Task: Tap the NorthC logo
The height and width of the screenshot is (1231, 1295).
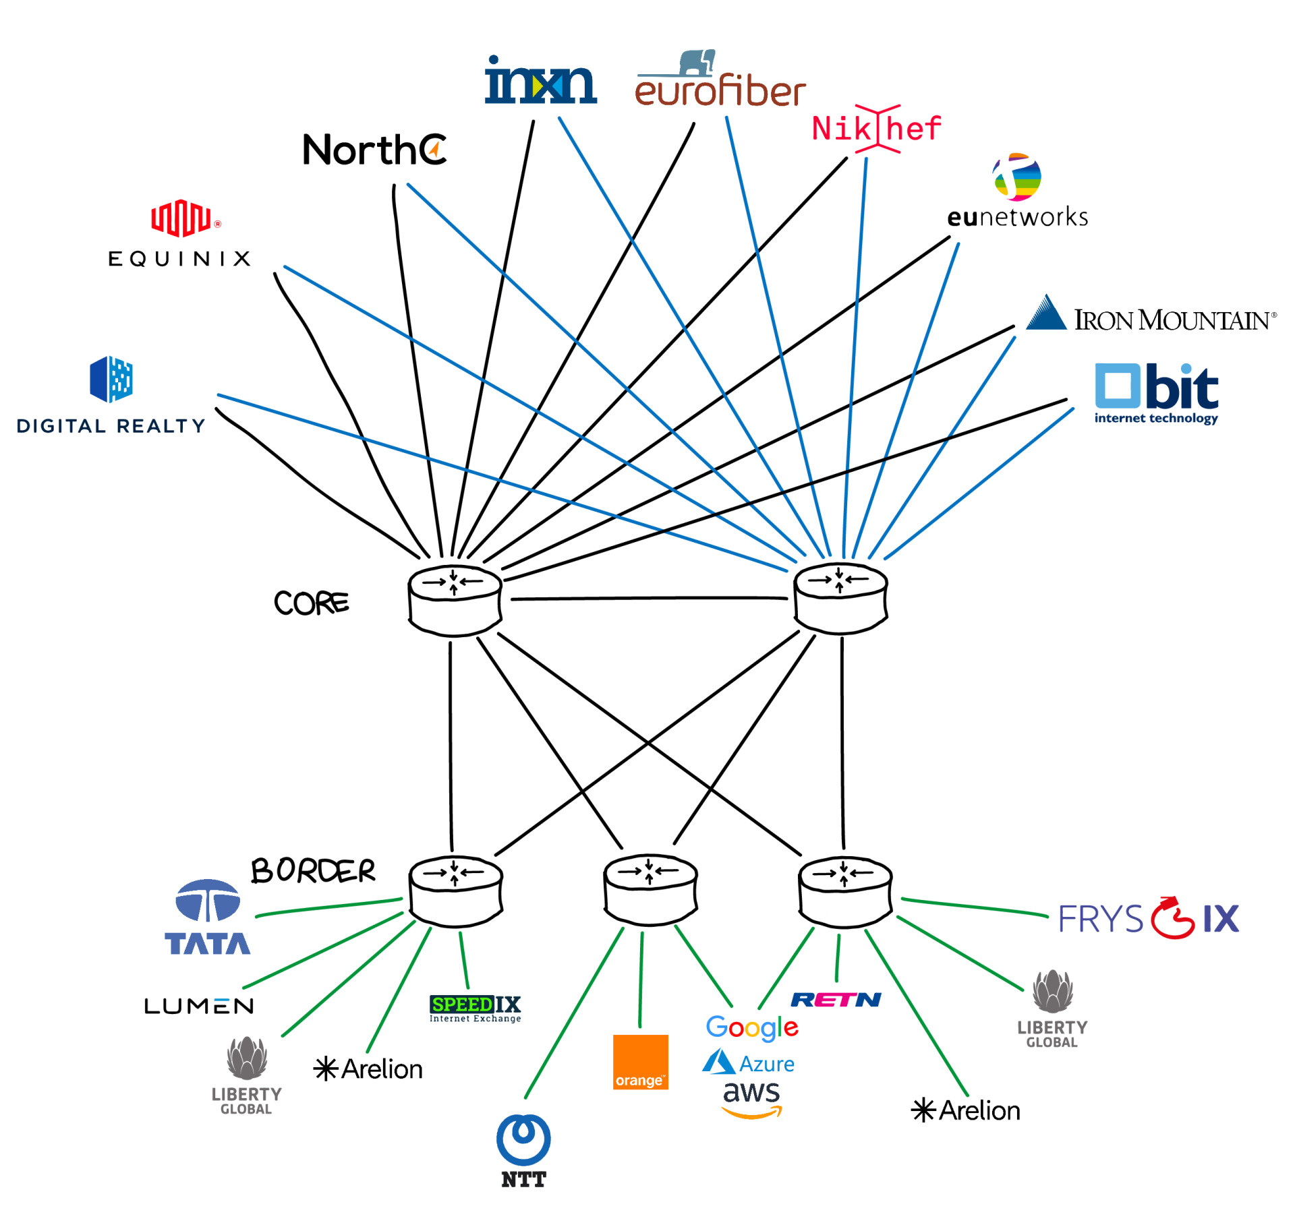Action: pyautogui.click(x=374, y=150)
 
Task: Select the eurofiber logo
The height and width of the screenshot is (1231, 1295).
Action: pyautogui.click(x=720, y=81)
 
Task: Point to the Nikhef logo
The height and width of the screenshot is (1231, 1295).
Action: pyautogui.click(x=876, y=128)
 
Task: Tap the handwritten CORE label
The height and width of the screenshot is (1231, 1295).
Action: pyautogui.click(x=311, y=603)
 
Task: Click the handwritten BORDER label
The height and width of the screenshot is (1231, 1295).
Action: pyautogui.click(x=313, y=870)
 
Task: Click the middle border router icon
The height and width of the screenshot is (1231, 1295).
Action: pyautogui.click(x=650, y=889)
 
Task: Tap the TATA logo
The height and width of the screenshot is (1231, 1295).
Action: pyautogui.click(x=207, y=918)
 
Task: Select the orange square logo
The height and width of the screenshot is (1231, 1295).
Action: pyautogui.click(x=640, y=1062)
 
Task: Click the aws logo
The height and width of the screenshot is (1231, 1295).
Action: pyautogui.click(x=751, y=1100)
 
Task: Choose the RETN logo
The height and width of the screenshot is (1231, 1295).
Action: pyautogui.click(x=836, y=999)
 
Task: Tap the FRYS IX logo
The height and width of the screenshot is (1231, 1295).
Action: pyautogui.click(x=1149, y=918)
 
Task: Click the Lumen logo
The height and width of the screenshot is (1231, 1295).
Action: pyautogui.click(x=199, y=1007)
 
